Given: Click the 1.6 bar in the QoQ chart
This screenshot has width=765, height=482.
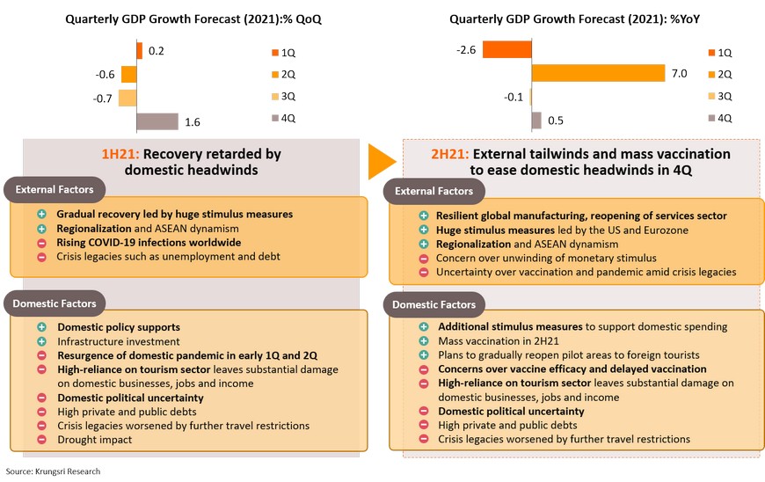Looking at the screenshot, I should [157, 120].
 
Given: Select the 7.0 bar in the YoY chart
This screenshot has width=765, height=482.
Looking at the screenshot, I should [598, 73].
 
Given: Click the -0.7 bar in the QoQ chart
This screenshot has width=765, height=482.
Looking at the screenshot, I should [127, 97].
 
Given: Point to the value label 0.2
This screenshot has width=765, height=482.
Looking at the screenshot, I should [157, 51].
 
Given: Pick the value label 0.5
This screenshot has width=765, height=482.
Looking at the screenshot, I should [556, 120].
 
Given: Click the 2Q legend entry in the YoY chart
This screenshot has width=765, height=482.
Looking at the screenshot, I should [719, 73].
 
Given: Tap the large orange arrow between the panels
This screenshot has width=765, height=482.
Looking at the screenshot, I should [382, 161].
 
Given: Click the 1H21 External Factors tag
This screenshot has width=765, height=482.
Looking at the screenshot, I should [53, 189].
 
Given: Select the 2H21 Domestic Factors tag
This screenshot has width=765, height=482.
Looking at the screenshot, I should [434, 305].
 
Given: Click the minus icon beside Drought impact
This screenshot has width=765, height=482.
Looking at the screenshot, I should [40, 439].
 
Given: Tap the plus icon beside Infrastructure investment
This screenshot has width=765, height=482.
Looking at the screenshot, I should [40, 341].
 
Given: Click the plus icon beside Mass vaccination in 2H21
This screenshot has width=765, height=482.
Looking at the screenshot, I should [423, 341].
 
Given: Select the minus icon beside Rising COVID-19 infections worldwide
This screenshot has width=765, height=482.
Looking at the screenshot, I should [40, 242].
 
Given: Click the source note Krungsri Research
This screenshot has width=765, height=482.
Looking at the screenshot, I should [54, 471].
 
